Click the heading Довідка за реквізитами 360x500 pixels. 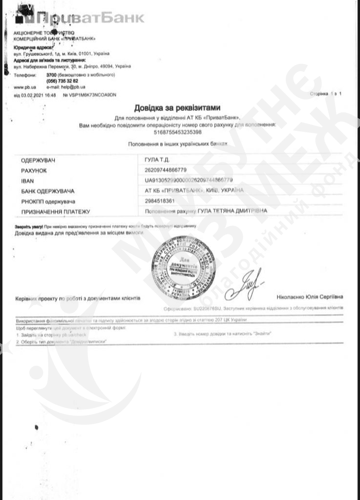tap(177, 107)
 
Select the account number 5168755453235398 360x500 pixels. tap(177, 132)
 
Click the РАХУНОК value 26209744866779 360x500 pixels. tap(166, 170)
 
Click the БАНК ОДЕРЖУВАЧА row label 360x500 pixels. tap(47, 191)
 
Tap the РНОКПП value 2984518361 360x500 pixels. tap(159, 201)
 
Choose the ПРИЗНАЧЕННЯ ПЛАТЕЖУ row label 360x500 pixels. tap(56, 211)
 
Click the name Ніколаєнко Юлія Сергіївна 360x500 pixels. tap(310, 297)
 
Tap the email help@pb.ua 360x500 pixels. tap(68, 86)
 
